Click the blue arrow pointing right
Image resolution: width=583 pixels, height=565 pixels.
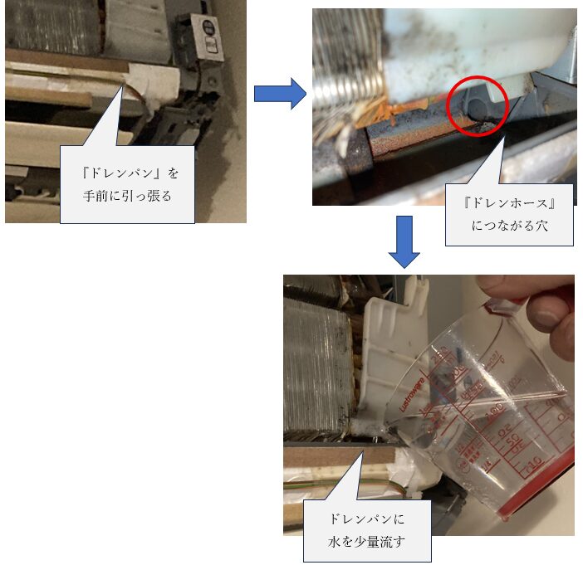tap(280, 94)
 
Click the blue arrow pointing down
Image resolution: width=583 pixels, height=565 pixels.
tap(404, 241)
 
